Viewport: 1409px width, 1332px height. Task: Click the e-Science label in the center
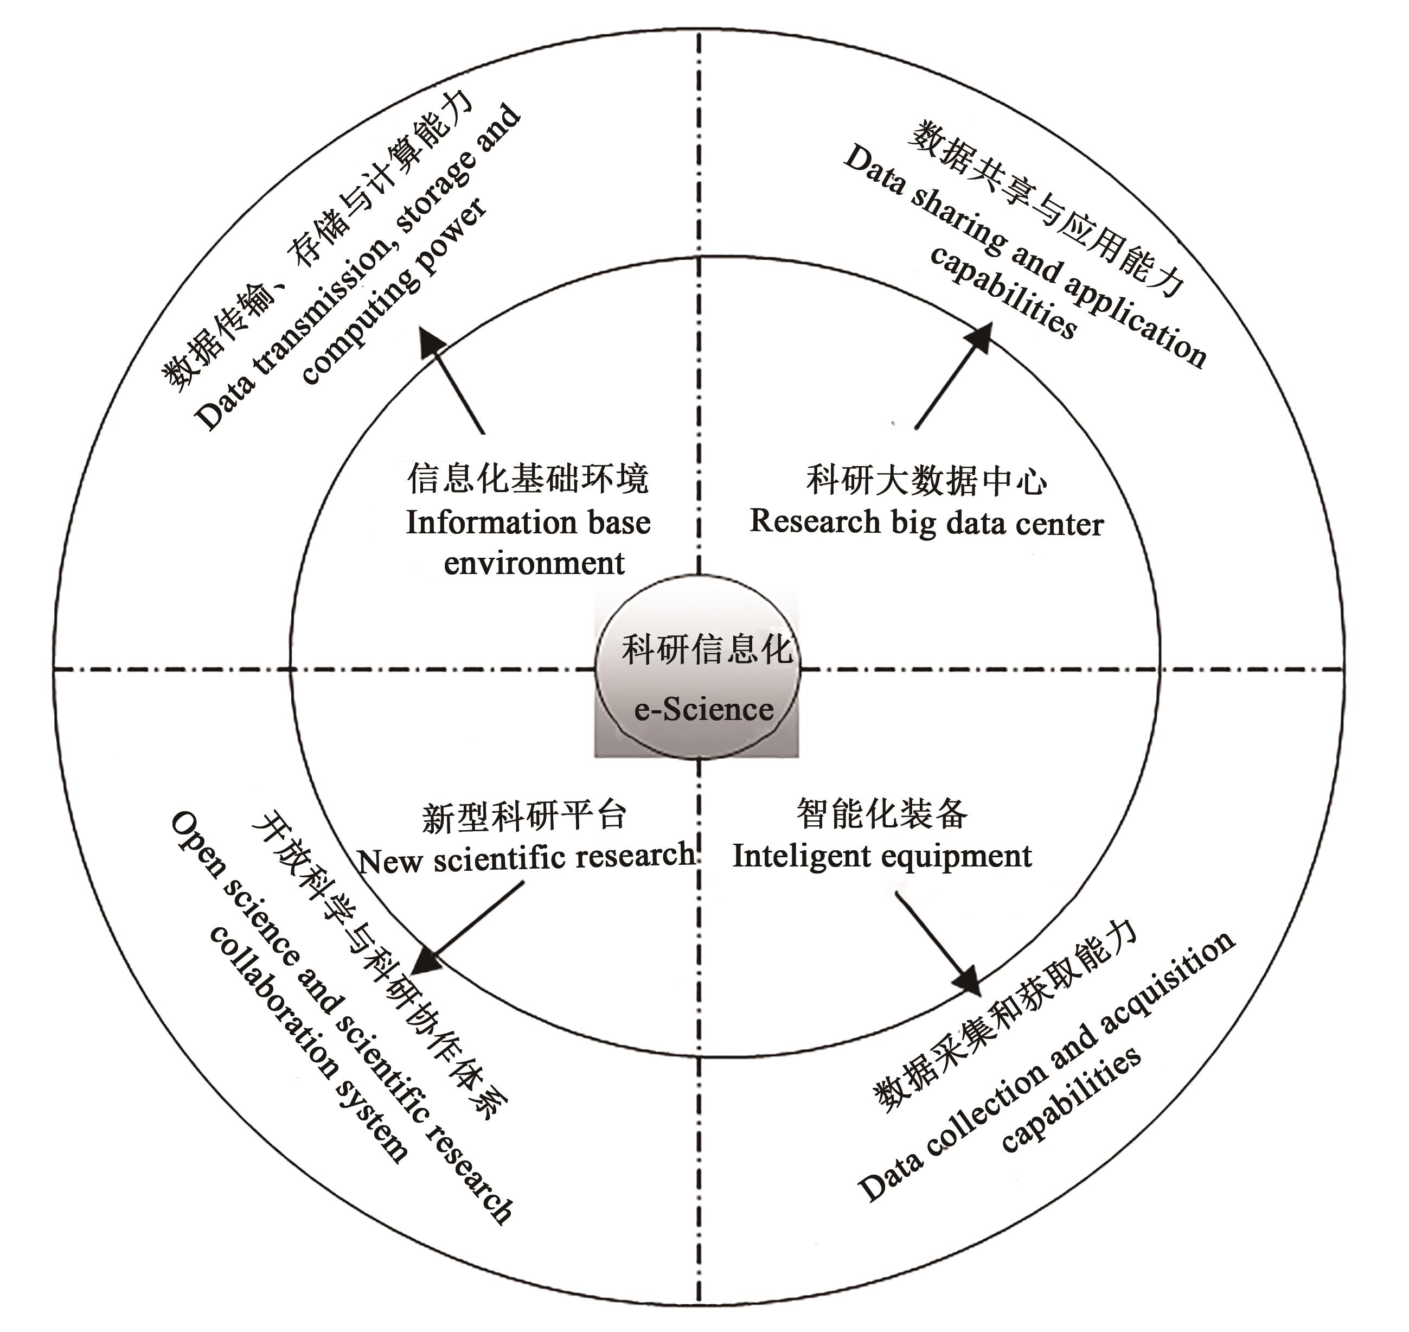point(703,709)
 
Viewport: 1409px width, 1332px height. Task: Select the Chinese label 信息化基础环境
point(527,479)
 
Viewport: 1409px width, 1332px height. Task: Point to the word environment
point(534,564)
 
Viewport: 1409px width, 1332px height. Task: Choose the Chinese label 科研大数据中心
point(926,481)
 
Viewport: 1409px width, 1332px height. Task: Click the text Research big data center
point(926,522)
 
